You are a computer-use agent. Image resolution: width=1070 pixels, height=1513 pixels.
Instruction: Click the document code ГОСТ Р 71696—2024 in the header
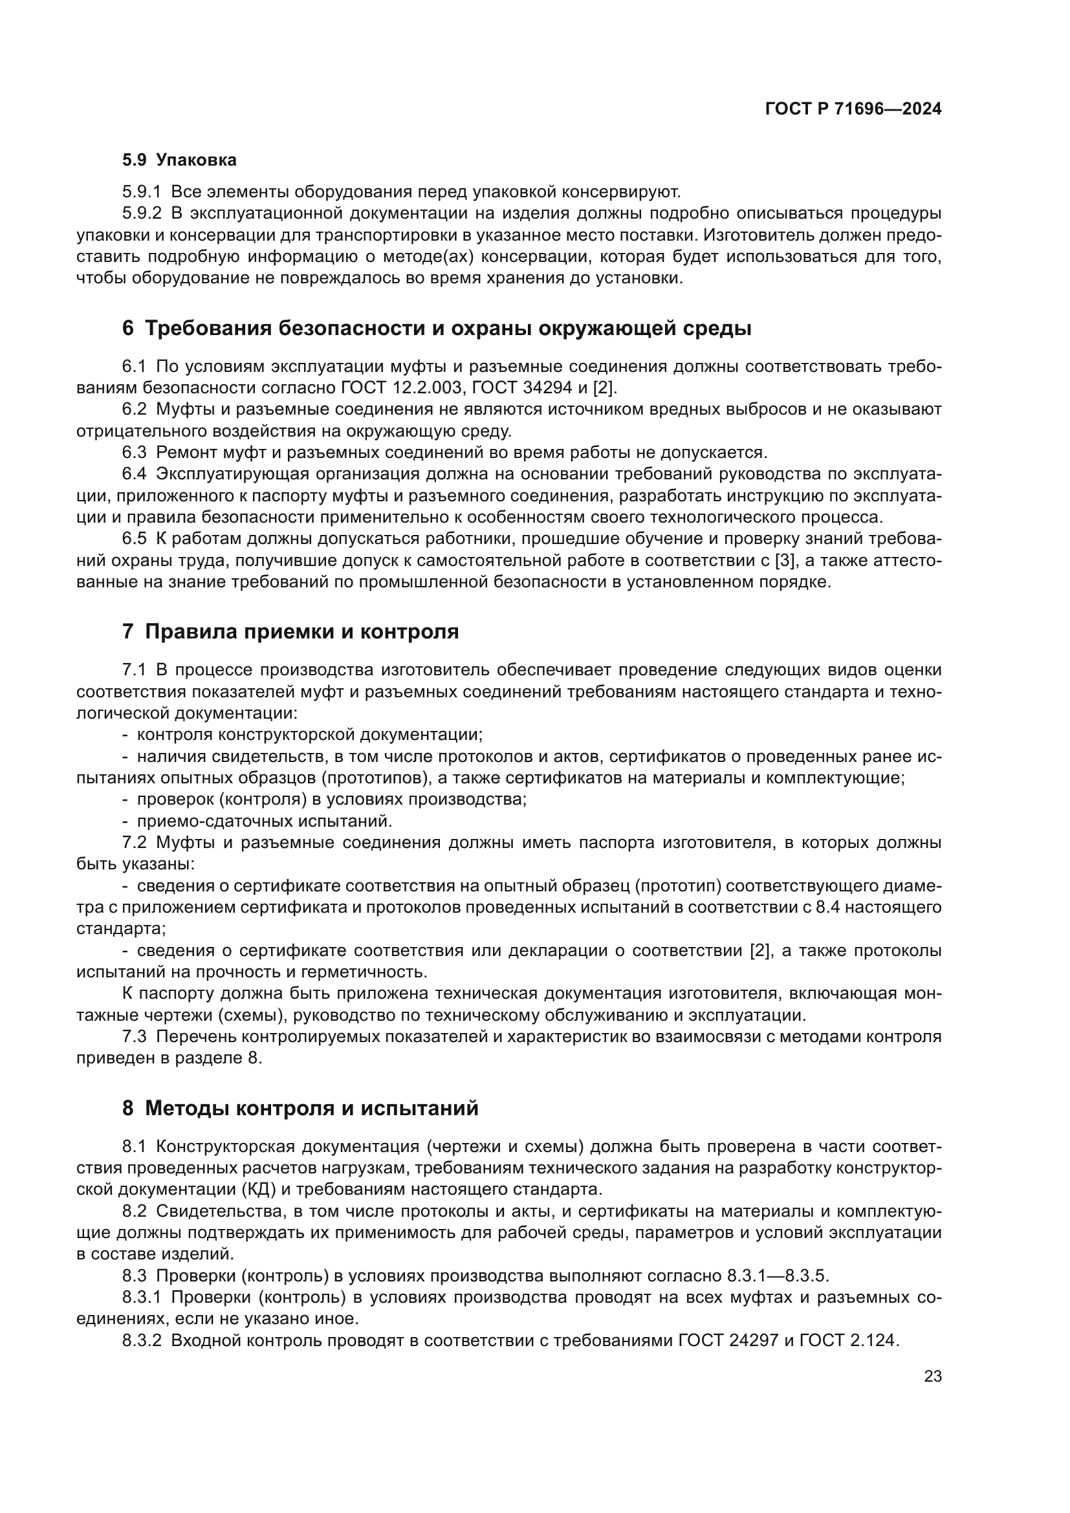point(853,109)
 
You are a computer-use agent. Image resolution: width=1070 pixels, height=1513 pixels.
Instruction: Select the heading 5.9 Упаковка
point(179,160)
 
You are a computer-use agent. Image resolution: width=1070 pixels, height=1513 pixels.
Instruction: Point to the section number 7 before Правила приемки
point(128,631)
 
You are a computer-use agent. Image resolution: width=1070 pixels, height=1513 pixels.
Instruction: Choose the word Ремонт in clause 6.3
point(183,453)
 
